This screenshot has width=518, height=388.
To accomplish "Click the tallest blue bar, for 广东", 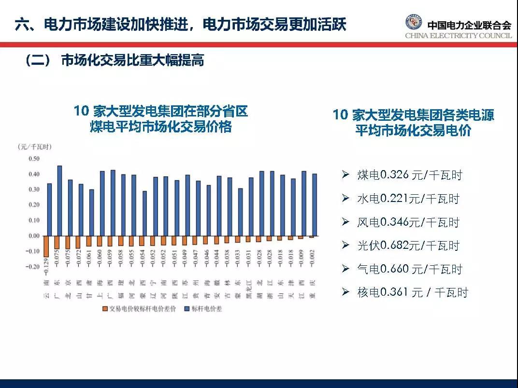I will pos(59,201).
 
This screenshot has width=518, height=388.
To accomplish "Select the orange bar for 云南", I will pos(46,246).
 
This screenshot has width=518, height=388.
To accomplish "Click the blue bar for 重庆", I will pos(315,205).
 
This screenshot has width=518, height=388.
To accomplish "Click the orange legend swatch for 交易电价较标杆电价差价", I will pos(104,308).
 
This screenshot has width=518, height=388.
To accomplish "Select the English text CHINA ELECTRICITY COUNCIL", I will pos(458,36).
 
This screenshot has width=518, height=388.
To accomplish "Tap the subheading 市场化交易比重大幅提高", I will pos(132,60).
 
